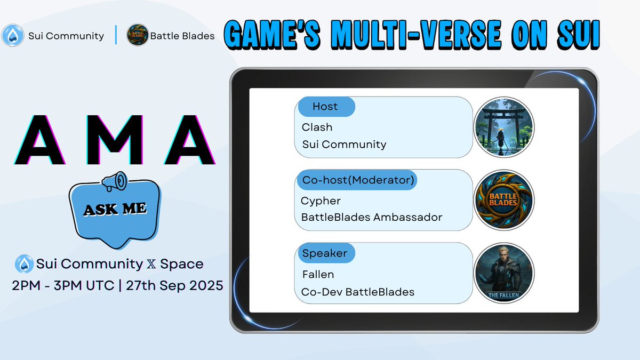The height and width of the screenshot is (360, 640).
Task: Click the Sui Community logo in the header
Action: (x=13, y=36)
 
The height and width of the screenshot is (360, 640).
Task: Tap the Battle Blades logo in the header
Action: (x=137, y=36)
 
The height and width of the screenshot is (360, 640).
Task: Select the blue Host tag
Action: (x=325, y=107)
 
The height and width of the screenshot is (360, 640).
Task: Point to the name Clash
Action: (x=317, y=127)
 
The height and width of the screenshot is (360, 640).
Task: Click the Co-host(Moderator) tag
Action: (x=358, y=180)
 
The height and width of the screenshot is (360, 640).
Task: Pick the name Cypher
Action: (x=321, y=201)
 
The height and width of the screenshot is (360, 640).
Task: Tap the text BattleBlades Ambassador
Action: (x=371, y=217)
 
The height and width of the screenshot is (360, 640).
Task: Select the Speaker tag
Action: (x=325, y=253)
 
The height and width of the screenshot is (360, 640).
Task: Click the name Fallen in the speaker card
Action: (x=318, y=275)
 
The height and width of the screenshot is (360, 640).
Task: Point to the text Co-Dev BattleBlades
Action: (x=358, y=292)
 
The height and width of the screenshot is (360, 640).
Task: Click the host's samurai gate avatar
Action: (x=503, y=127)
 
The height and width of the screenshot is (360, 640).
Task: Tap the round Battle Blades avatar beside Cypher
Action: (x=503, y=200)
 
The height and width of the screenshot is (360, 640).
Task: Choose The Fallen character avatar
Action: (x=503, y=274)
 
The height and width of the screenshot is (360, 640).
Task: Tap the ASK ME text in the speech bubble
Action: (x=115, y=209)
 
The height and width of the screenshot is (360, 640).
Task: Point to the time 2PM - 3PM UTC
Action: (x=63, y=285)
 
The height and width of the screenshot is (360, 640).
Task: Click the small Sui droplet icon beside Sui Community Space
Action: (x=25, y=263)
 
